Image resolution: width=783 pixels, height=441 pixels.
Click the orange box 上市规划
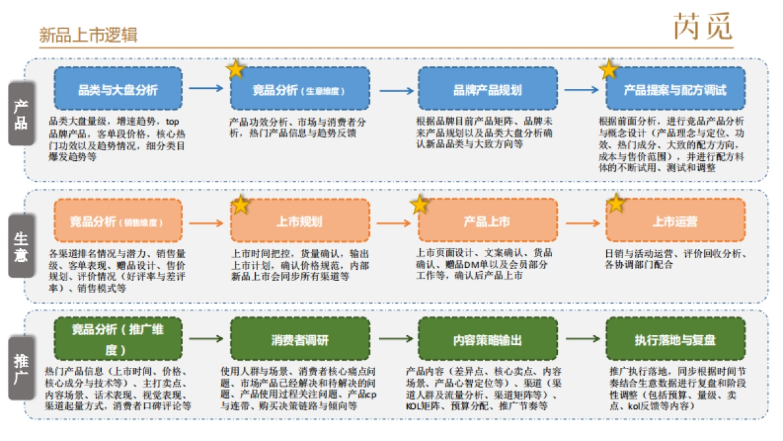click(x=299, y=221)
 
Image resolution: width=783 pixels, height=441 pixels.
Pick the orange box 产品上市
click(x=487, y=221)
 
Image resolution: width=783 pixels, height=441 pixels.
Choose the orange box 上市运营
click(x=675, y=221)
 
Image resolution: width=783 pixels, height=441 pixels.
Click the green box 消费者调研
click(x=299, y=340)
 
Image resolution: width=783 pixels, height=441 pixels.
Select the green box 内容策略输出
click(x=487, y=340)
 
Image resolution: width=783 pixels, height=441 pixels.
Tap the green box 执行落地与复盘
click(x=675, y=340)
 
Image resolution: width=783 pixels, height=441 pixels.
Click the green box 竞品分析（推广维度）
click(x=117, y=339)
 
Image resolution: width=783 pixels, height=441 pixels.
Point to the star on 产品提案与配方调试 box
click(x=609, y=69)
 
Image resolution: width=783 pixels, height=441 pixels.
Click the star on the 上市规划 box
click(x=241, y=204)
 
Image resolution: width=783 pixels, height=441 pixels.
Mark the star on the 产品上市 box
click(x=419, y=204)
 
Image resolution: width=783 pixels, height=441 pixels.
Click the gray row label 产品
click(x=21, y=114)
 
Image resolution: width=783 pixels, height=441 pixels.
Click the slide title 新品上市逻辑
click(x=87, y=35)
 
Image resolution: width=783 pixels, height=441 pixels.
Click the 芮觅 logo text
click(x=703, y=27)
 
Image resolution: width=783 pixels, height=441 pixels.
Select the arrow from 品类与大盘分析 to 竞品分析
click(x=206, y=88)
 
